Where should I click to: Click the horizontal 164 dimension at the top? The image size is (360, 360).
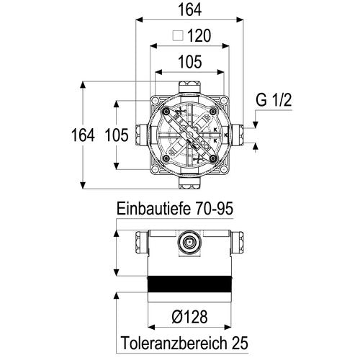tap(189, 10)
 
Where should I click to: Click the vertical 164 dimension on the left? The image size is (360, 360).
tap(83, 135)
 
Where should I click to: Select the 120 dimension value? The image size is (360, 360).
tap(199, 36)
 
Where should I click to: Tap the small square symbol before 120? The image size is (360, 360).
tap(178, 36)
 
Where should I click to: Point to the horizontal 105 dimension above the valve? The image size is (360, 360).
tap(190, 62)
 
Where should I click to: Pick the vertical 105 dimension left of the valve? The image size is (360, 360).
tap(117, 135)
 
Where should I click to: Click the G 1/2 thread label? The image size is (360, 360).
tap(274, 100)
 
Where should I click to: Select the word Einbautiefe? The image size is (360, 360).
tap(153, 208)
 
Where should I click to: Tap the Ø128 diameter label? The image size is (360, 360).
tap(189, 317)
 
